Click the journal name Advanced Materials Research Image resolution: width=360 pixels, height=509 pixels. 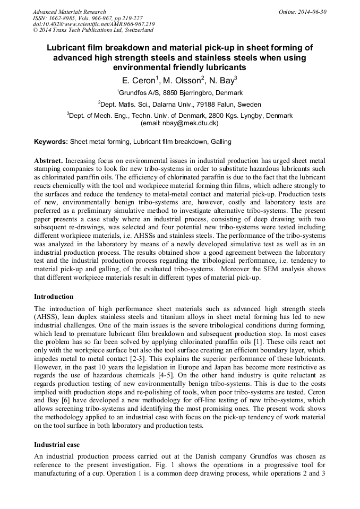click(69, 12)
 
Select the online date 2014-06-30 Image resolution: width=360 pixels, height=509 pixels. click(312, 12)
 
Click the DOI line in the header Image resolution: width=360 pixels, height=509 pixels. click(93, 24)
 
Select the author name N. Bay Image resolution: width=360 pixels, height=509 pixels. click(220, 80)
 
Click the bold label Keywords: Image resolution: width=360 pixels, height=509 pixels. click(51, 142)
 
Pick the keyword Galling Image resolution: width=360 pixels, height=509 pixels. click(221, 142)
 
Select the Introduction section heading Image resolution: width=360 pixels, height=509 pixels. click(54, 296)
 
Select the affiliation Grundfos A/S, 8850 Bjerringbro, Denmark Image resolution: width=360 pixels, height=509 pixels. click(180, 92)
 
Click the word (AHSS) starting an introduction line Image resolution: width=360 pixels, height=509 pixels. click(46, 317)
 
